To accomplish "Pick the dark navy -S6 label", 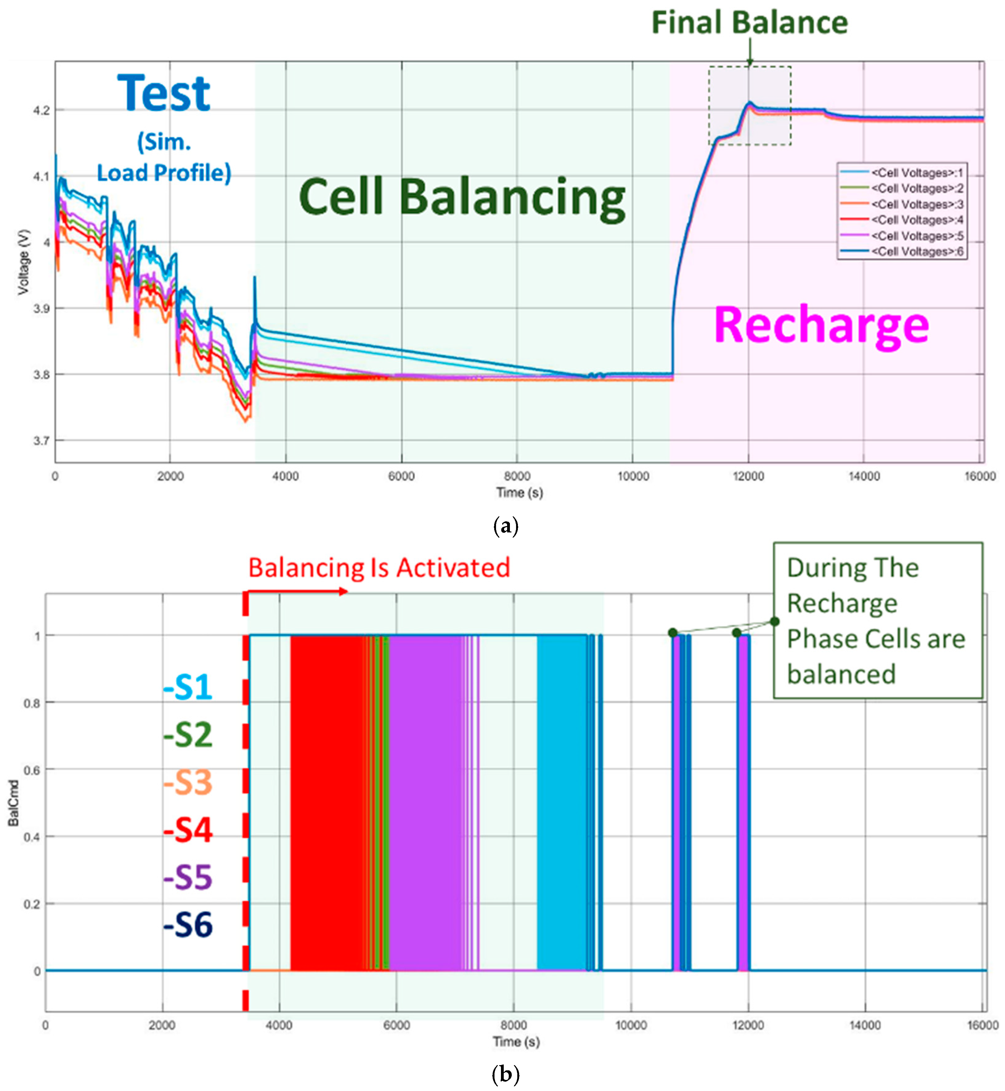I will [188, 925].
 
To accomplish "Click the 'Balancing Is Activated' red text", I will [379, 568].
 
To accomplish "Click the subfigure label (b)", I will [505, 1075].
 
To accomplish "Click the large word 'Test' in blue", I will [163, 94].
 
